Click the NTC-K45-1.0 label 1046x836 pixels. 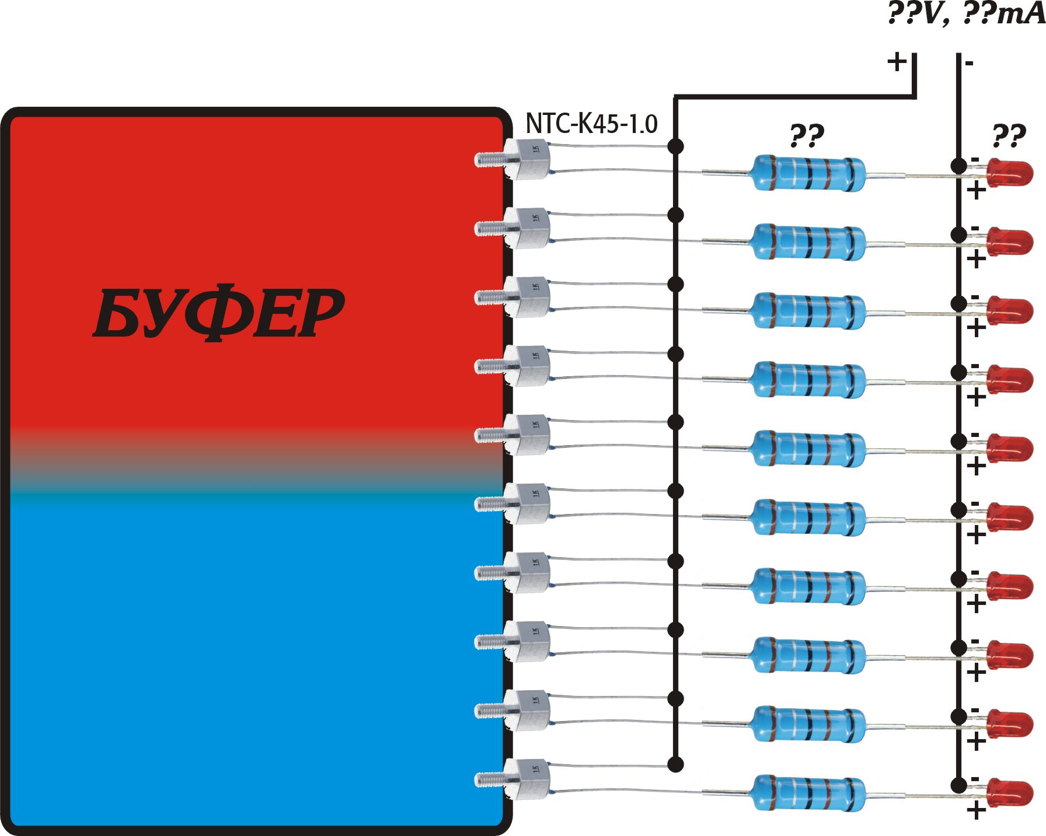(591, 123)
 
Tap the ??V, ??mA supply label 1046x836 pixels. (966, 14)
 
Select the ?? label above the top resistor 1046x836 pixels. (807, 135)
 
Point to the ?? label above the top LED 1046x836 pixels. (1009, 135)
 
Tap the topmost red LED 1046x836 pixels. (1010, 173)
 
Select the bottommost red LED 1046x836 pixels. (1010, 793)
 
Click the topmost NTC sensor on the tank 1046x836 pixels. (528, 159)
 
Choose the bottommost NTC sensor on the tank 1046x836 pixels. (528, 778)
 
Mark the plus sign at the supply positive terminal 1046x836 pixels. (897, 61)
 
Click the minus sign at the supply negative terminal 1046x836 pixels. (970, 63)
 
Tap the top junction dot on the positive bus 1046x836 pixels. (675, 146)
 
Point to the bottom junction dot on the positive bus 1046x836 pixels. (675, 764)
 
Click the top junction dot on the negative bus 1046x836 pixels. (958, 166)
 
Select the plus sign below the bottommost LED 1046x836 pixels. (976, 810)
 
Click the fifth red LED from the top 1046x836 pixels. (1010, 449)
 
